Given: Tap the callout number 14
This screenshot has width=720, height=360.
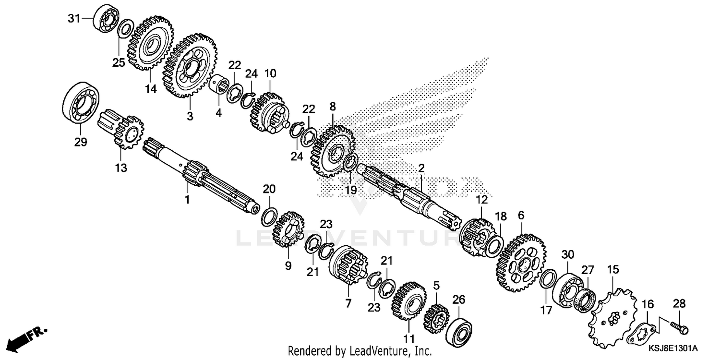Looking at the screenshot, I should [x=151, y=89].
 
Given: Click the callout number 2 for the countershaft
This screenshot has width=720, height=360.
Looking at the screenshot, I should [x=421, y=168].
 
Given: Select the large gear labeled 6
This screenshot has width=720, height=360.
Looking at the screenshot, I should [x=521, y=262].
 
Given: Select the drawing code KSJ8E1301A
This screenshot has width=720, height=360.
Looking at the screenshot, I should [x=674, y=348].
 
